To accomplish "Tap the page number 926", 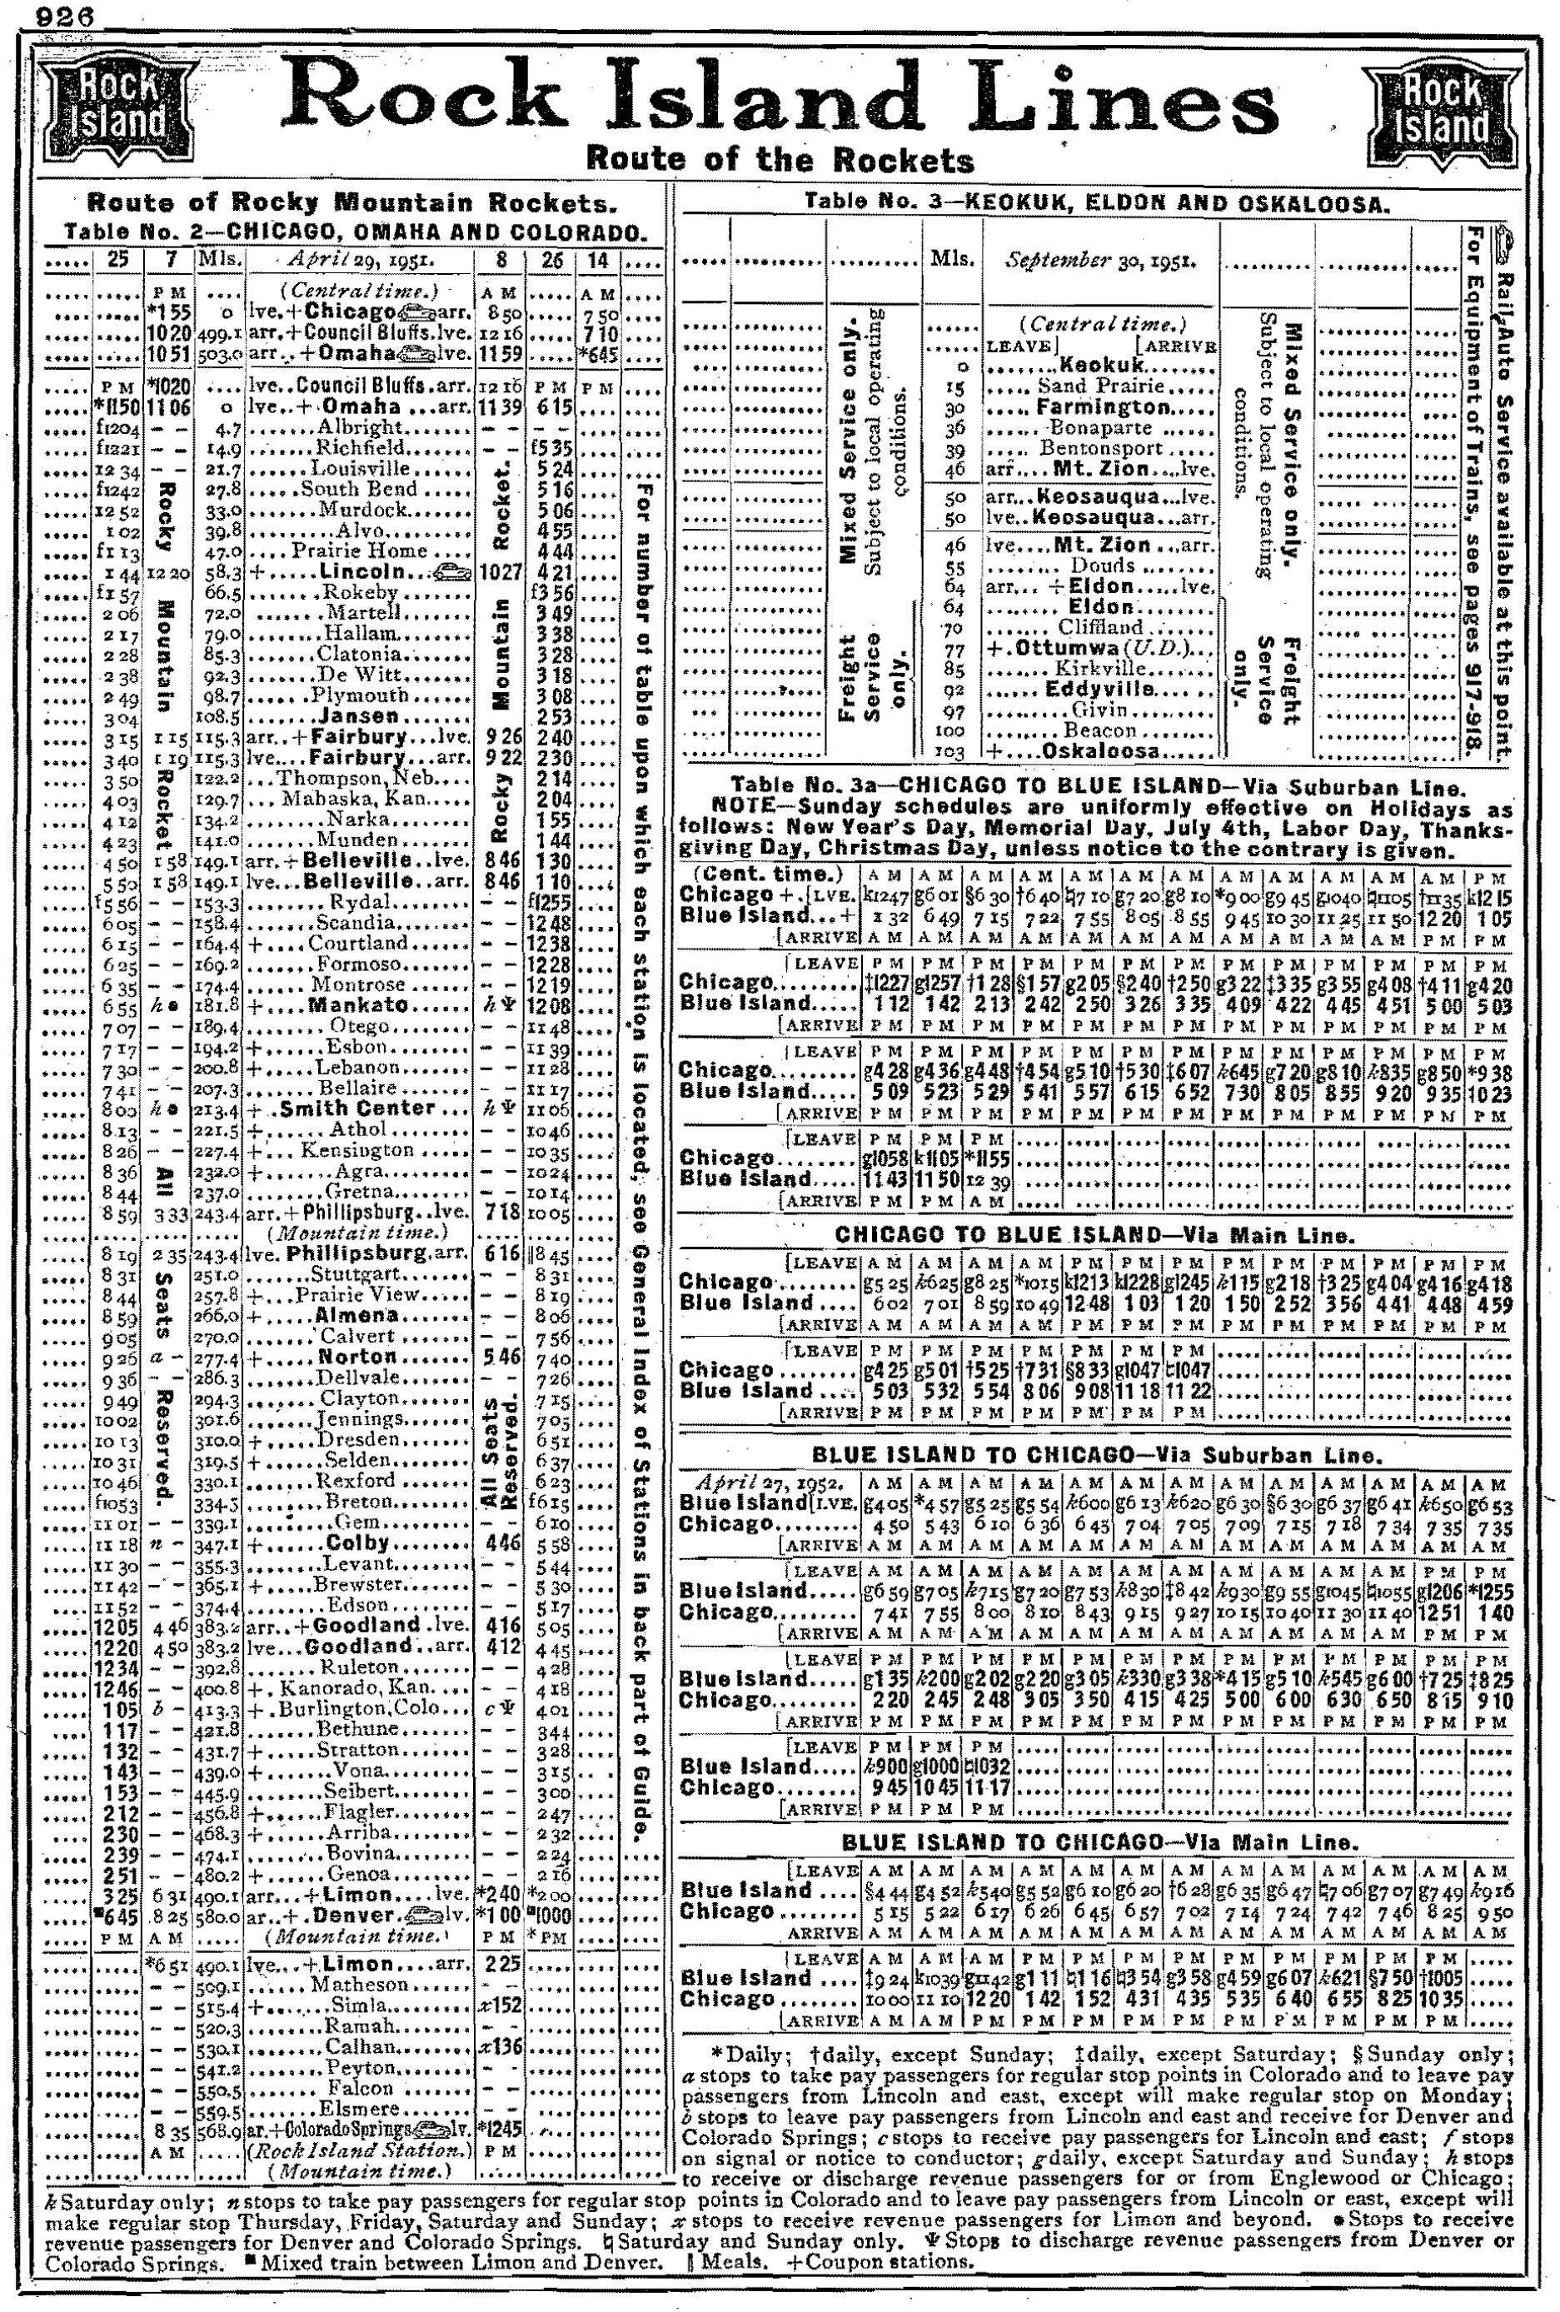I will click(62, 16).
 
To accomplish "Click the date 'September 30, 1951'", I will click(1100, 262).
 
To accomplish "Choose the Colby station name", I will click(357, 1543).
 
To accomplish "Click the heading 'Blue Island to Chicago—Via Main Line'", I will click(1094, 1842).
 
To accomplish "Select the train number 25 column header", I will click(117, 261).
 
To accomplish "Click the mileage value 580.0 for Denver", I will click(217, 1915).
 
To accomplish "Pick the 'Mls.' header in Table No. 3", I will click(952, 261).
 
